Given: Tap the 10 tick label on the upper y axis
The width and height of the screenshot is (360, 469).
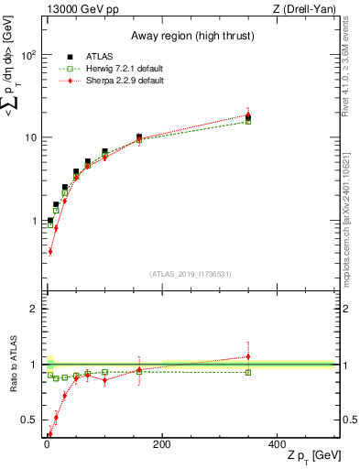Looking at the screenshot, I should point(30,137).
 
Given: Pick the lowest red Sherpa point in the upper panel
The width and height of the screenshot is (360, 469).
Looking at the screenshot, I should point(49,251).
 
